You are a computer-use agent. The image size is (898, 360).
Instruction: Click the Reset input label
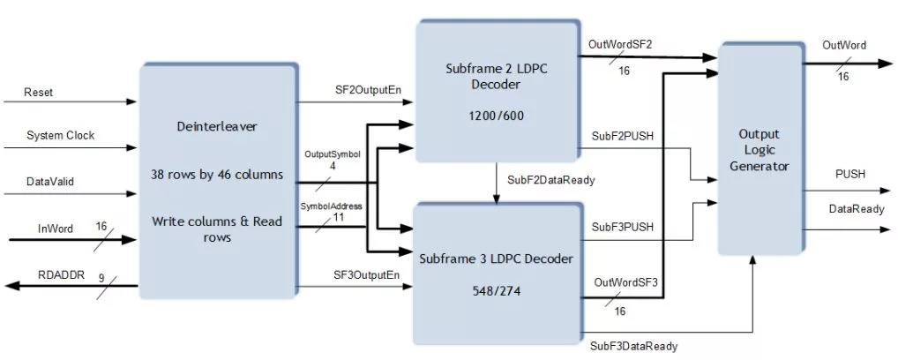click(38, 92)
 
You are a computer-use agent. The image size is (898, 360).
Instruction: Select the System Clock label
click(60, 136)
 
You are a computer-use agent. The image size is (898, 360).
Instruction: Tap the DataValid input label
click(50, 182)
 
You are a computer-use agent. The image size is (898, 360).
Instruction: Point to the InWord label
click(56, 229)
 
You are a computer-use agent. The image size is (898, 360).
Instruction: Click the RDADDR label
click(61, 274)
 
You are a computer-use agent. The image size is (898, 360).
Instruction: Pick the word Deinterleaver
click(218, 127)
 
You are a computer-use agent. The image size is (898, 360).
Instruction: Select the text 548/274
click(496, 291)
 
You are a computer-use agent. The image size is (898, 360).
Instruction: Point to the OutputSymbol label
click(333, 154)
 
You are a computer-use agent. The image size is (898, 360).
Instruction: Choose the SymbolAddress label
click(332, 206)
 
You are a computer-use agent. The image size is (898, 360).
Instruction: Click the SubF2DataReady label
click(551, 180)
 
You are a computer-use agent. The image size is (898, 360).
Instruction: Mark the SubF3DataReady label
click(634, 346)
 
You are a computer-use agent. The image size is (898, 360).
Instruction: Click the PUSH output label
click(849, 174)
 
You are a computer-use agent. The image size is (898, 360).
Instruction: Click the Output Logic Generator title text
click(759, 150)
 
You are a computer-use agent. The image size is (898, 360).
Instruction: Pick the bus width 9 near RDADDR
click(101, 279)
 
